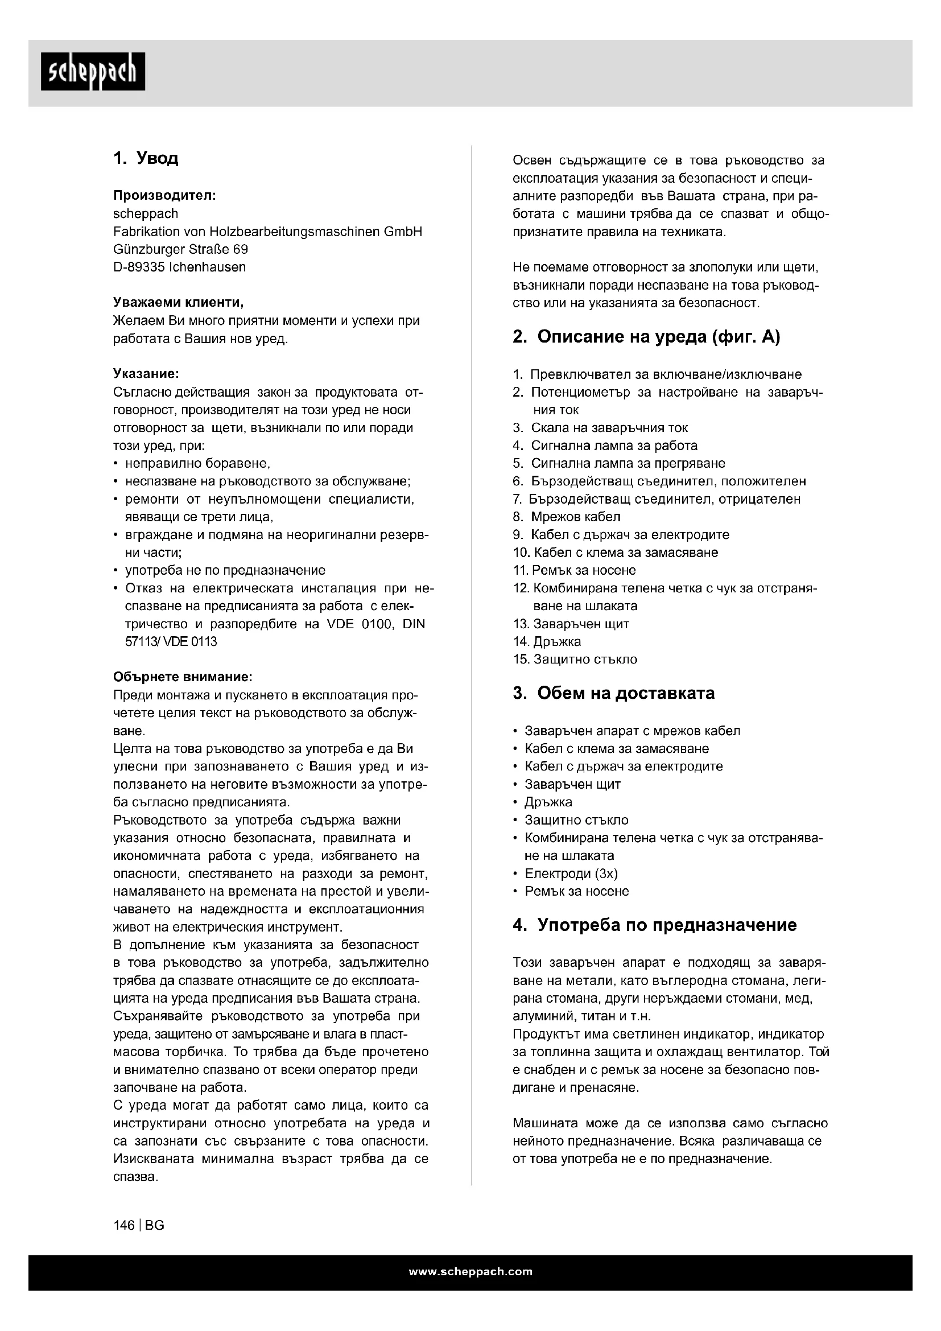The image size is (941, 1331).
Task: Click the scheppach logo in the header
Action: coord(93,72)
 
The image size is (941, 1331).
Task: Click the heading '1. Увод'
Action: coord(146,158)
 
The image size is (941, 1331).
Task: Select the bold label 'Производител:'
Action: coord(164,195)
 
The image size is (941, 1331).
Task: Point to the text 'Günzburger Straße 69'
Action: coord(180,249)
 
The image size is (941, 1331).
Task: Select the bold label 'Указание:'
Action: coord(146,374)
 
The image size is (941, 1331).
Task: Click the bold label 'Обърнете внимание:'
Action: coord(183,677)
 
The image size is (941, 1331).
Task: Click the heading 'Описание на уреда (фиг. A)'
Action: coord(658,337)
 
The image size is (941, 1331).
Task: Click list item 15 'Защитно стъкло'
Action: coord(585,660)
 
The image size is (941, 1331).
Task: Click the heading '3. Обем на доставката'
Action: coord(614,693)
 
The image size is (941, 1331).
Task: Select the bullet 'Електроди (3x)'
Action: coord(571,873)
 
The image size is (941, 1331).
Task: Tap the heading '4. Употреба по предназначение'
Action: coord(655,925)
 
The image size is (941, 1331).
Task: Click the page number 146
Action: coord(124,1226)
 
